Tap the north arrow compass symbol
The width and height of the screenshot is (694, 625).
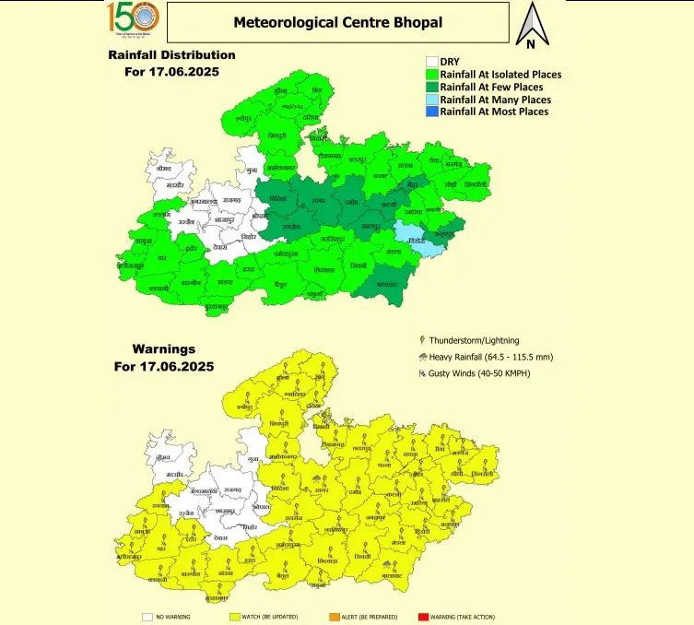click(x=531, y=26)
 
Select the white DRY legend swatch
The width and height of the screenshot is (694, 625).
click(x=430, y=62)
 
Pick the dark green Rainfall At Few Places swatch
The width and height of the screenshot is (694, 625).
click(x=430, y=87)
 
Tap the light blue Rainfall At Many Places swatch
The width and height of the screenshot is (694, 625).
click(x=430, y=100)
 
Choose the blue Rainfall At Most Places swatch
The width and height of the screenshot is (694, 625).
click(x=430, y=112)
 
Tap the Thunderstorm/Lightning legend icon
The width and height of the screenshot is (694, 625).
click(x=422, y=340)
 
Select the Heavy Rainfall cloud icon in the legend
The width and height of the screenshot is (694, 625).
click(x=422, y=357)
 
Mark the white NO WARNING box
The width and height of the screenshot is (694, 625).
click(x=147, y=617)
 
